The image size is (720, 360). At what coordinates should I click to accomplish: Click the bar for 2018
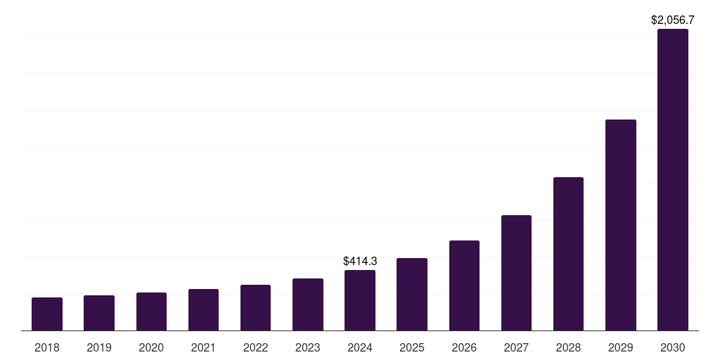click(47, 314)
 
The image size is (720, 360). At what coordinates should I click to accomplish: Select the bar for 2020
click(151, 311)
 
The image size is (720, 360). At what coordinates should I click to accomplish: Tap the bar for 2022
click(255, 307)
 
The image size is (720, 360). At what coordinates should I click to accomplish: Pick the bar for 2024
click(360, 300)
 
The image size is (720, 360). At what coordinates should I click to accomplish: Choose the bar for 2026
click(464, 285)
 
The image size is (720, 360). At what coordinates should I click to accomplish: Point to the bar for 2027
click(516, 273)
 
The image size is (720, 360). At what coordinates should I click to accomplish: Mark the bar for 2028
click(568, 254)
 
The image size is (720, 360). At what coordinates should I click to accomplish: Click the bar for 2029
click(621, 225)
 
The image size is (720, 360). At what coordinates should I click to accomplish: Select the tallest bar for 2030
click(673, 179)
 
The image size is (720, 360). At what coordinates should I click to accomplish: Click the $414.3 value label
click(360, 261)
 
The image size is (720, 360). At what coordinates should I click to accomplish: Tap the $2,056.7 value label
click(673, 20)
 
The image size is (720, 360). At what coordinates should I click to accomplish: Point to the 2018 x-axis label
click(47, 347)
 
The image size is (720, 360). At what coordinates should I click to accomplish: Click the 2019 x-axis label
click(99, 347)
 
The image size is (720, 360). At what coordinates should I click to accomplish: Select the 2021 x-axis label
click(203, 347)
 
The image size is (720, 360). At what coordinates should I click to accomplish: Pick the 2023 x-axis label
click(308, 347)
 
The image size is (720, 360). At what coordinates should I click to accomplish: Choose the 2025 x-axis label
click(412, 347)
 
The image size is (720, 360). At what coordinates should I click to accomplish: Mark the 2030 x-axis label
click(673, 347)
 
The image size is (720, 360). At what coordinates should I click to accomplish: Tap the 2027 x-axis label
click(516, 347)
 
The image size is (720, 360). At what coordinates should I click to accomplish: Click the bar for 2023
click(308, 304)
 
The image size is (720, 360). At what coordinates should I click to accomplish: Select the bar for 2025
click(412, 294)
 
